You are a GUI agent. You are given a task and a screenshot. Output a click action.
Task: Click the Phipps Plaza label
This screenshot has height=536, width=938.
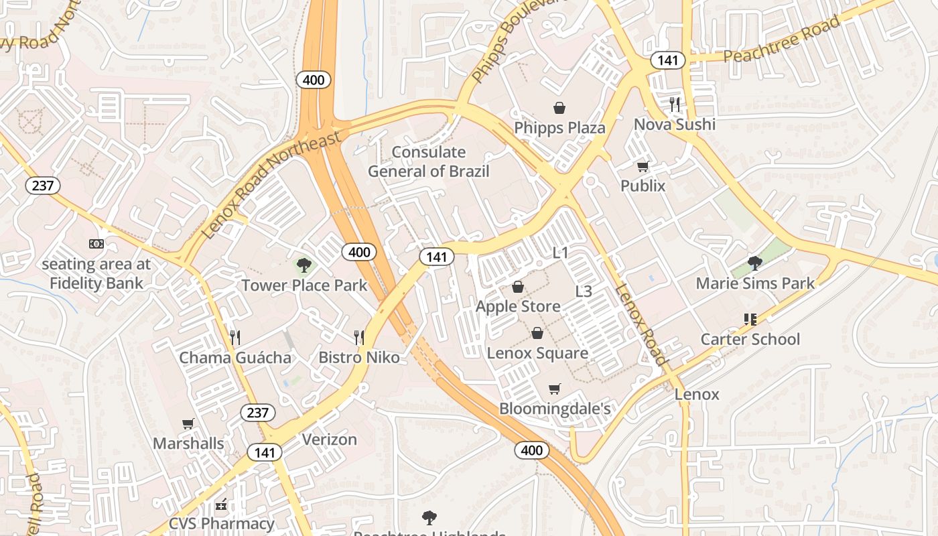point(559,127)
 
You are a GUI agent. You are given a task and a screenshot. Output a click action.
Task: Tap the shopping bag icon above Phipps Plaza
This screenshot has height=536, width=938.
point(559,108)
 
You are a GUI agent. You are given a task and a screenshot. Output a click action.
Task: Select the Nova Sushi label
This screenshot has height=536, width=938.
point(674,124)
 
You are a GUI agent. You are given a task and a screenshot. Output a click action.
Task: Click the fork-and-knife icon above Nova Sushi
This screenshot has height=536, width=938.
point(674,104)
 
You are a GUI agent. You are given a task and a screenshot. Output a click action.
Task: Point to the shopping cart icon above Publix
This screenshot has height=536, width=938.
point(643,166)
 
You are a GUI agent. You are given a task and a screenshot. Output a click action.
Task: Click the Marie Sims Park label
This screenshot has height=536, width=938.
point(755,283)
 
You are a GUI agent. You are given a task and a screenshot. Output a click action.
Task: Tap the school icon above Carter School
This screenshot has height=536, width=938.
point(750,319)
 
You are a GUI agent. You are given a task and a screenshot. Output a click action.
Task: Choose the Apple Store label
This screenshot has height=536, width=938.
point(518,306)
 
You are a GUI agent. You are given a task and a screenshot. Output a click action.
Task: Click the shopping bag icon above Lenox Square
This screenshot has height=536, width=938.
point(537,333)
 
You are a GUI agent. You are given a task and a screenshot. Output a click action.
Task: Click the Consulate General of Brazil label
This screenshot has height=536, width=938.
point(429,161)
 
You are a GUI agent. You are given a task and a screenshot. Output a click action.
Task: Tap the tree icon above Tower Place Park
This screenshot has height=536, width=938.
point(304,265)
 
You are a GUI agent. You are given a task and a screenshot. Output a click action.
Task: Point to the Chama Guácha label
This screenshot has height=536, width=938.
point(234,357)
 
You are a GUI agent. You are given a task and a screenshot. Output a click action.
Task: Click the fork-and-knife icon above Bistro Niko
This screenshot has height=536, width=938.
point(359,337)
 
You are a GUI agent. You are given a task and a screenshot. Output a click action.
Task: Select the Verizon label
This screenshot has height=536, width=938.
point(329,440)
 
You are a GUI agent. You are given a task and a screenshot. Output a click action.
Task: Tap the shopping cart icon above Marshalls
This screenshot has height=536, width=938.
point(188,423)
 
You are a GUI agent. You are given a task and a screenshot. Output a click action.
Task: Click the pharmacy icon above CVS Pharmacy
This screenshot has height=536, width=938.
point(221,504)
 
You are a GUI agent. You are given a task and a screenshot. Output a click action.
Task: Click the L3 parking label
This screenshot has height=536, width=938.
point(584,291)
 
